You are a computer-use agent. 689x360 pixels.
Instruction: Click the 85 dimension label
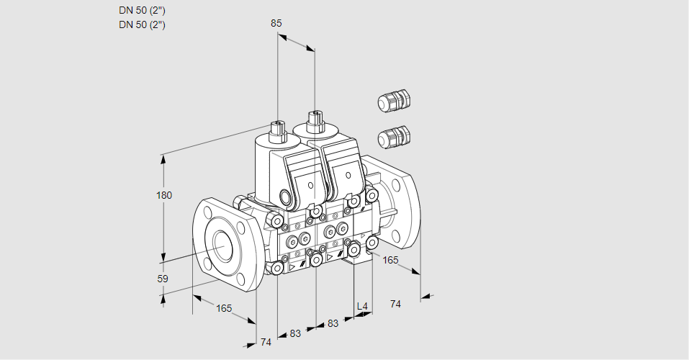(276, 23)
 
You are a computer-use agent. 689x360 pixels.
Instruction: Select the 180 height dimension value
(164, 195)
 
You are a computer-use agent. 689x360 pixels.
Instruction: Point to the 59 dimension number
(163, 279)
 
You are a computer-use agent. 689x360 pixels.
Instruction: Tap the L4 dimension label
(362, 306)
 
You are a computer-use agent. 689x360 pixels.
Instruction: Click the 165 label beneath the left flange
(224, 309)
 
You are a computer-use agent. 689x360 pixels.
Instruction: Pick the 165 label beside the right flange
(390, 260)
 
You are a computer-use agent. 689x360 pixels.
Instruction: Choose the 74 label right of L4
(395, 304)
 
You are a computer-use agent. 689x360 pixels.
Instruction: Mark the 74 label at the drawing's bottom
(266, 342)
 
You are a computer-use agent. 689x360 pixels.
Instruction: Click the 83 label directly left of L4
(333, 323)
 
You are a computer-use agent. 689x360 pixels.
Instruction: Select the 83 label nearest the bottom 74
(295, 333)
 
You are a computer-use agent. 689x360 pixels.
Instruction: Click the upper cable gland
(394, 100)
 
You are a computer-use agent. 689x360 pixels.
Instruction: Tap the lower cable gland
(394, 136)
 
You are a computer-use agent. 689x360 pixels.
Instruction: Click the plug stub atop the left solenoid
(278, 130)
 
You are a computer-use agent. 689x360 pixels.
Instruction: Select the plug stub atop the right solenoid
(315, 120)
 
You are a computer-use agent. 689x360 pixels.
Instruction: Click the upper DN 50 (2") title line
(142, 11)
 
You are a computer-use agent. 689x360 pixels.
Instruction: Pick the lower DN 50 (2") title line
(142, 24)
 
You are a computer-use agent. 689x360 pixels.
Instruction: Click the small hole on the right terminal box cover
(348, 176)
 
